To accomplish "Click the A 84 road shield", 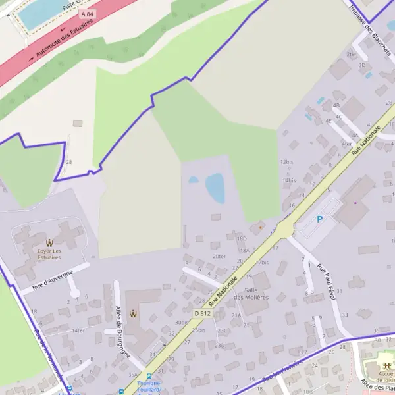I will click(x=86, y=14).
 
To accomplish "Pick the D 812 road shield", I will click(x=202, y=313).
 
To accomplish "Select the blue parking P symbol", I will click(x=320, y=219).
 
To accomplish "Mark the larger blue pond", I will click(x=215, y=188).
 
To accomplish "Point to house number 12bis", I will click(x=286, y=161).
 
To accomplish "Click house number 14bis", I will click(x=288, y=180).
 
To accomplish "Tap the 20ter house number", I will click(x=219, y=256).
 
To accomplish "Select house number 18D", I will click(x=241, y=238).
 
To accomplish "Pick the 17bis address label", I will click(x=262, y=262).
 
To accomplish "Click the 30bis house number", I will click(x=182, y=322).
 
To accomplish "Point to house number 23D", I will click(x=220, y=345).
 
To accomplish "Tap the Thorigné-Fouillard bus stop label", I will click(x=149, y=386).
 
